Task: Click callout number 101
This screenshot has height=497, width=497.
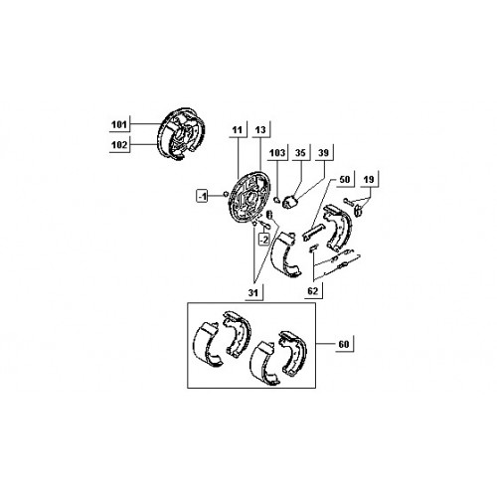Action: [119, 125]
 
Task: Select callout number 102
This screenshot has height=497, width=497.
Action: [119, 145]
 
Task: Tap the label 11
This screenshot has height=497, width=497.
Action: [238, 130]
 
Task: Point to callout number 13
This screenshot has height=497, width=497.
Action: [260, 130]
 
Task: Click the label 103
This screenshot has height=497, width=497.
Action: [277, 153]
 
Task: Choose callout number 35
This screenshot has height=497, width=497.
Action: [300, 153]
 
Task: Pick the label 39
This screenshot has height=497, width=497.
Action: [323, 153]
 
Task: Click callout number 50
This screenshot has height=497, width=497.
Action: [345, 179]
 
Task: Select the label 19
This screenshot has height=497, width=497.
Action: [369, 179]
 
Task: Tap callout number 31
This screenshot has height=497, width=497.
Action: [253, 293]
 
